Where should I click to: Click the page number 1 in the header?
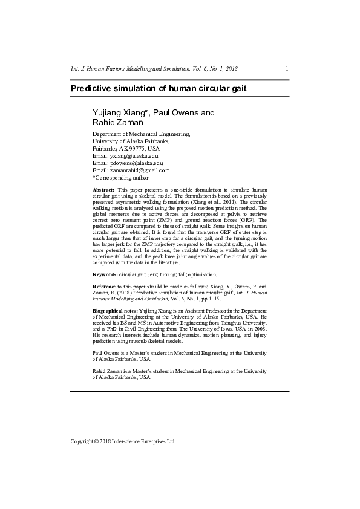[x=287, y=69]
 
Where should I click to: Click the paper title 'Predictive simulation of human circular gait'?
[x=159, y=88]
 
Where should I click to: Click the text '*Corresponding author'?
[x=120, y=178]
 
